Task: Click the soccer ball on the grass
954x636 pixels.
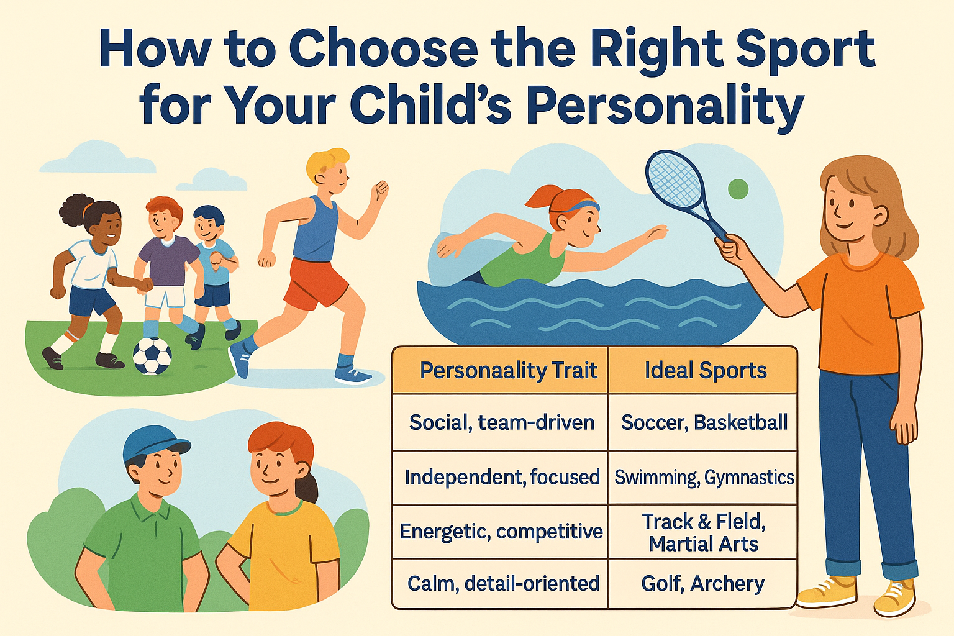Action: point(152,356)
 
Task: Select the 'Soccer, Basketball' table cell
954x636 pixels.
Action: point(703,422)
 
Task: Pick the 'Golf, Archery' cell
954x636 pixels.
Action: point(703,584)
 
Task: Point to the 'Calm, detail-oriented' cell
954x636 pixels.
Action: point(500,584)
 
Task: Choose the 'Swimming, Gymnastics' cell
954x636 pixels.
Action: point(703,478)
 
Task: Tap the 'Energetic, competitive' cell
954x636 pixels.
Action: point(500,532)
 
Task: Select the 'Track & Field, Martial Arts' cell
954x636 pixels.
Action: point(703,532)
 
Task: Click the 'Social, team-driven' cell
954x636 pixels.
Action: point(500,422)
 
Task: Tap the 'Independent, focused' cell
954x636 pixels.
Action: point(500,478)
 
